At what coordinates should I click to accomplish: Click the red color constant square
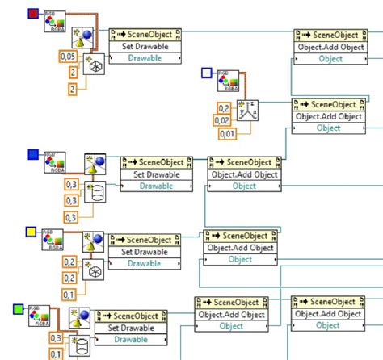[x=33, y=14]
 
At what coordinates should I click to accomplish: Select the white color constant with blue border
[x=206, y=73]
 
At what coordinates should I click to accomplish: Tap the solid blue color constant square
[x=33, y=154]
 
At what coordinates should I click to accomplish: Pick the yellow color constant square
[x=32, y=232]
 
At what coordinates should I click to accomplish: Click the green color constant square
[x=19, y=309]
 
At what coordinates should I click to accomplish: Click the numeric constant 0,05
[x=70, y=57]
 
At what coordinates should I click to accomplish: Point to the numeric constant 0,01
[x=226, y=133]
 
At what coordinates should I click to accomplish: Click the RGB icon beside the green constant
[x=41, y=318]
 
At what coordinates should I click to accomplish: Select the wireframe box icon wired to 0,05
[x=94, y=65]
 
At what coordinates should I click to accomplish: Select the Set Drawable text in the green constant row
[x=130, y=327]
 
